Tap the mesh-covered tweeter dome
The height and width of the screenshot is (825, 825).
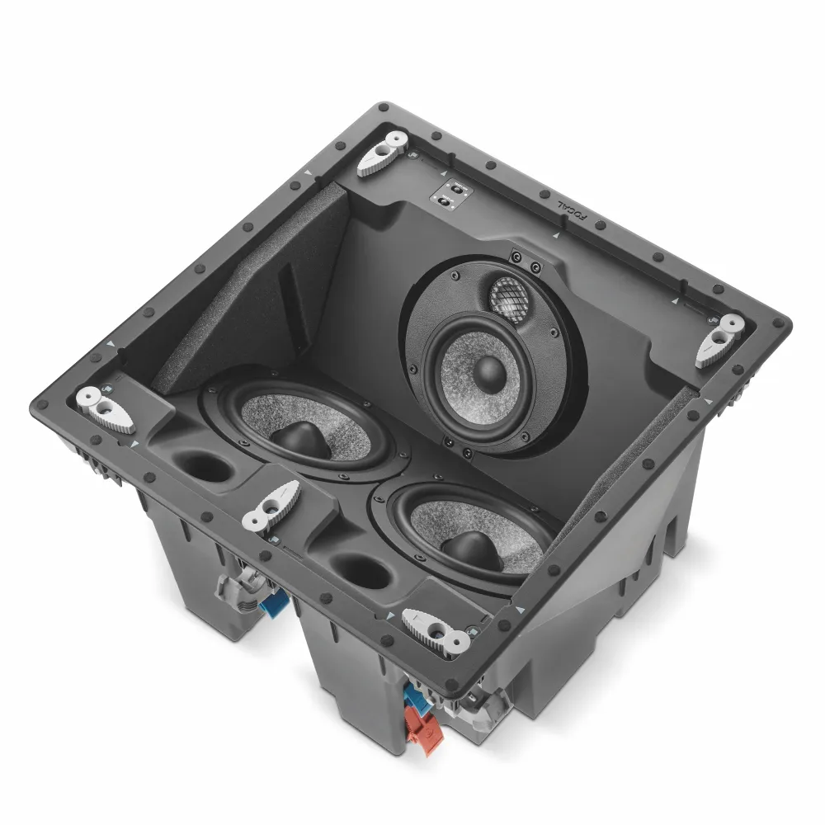[508, 297]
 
